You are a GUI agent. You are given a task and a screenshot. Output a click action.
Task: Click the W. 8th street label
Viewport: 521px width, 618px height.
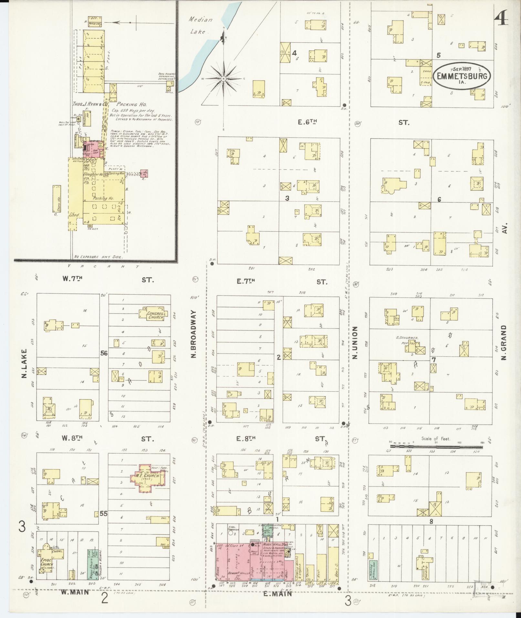[73, 439]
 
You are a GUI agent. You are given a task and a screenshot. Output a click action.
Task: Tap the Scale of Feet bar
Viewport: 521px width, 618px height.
[436, 447]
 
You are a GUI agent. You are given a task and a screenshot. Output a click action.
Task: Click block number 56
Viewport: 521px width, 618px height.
[104, 353]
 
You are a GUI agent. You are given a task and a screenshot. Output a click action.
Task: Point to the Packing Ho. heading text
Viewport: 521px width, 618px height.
[131, 105]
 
